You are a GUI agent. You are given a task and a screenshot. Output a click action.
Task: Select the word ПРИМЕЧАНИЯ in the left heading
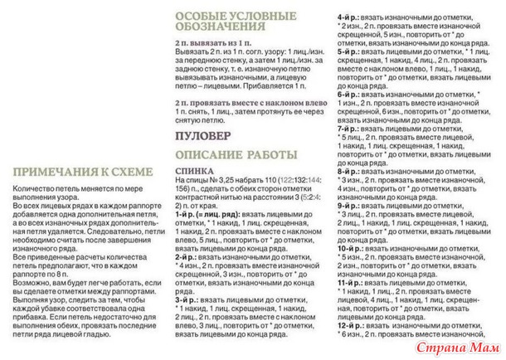click(x=56, y=172)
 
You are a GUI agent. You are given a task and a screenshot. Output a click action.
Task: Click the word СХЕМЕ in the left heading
click(x=131, y=172)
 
